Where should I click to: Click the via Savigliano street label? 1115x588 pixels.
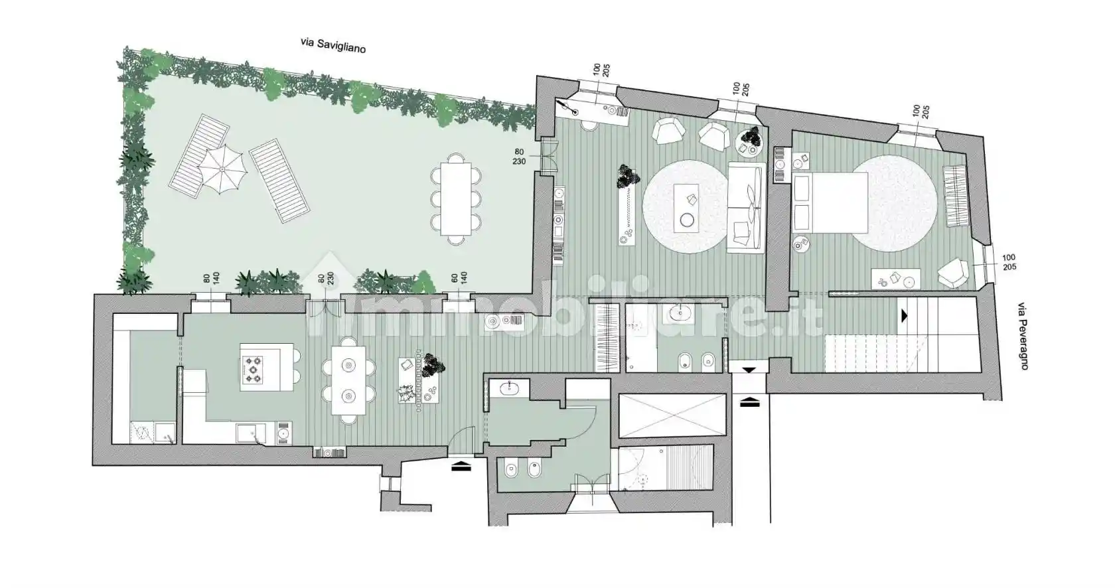[333, 45]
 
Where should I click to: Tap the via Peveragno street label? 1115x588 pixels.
[1023, 336]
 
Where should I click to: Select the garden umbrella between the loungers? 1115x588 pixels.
[222, 170]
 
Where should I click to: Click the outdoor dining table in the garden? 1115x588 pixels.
[455, 198]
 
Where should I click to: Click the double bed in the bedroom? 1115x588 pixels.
[830, 202]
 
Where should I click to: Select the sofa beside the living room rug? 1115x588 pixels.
[746, 207]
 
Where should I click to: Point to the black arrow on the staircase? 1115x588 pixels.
[904, 316]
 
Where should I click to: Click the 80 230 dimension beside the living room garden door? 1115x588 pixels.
[519, 157]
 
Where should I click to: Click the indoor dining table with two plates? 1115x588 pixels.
[348, 380]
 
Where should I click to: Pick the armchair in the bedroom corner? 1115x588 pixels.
[953, 272]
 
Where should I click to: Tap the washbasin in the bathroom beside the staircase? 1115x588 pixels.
[679, 313]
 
